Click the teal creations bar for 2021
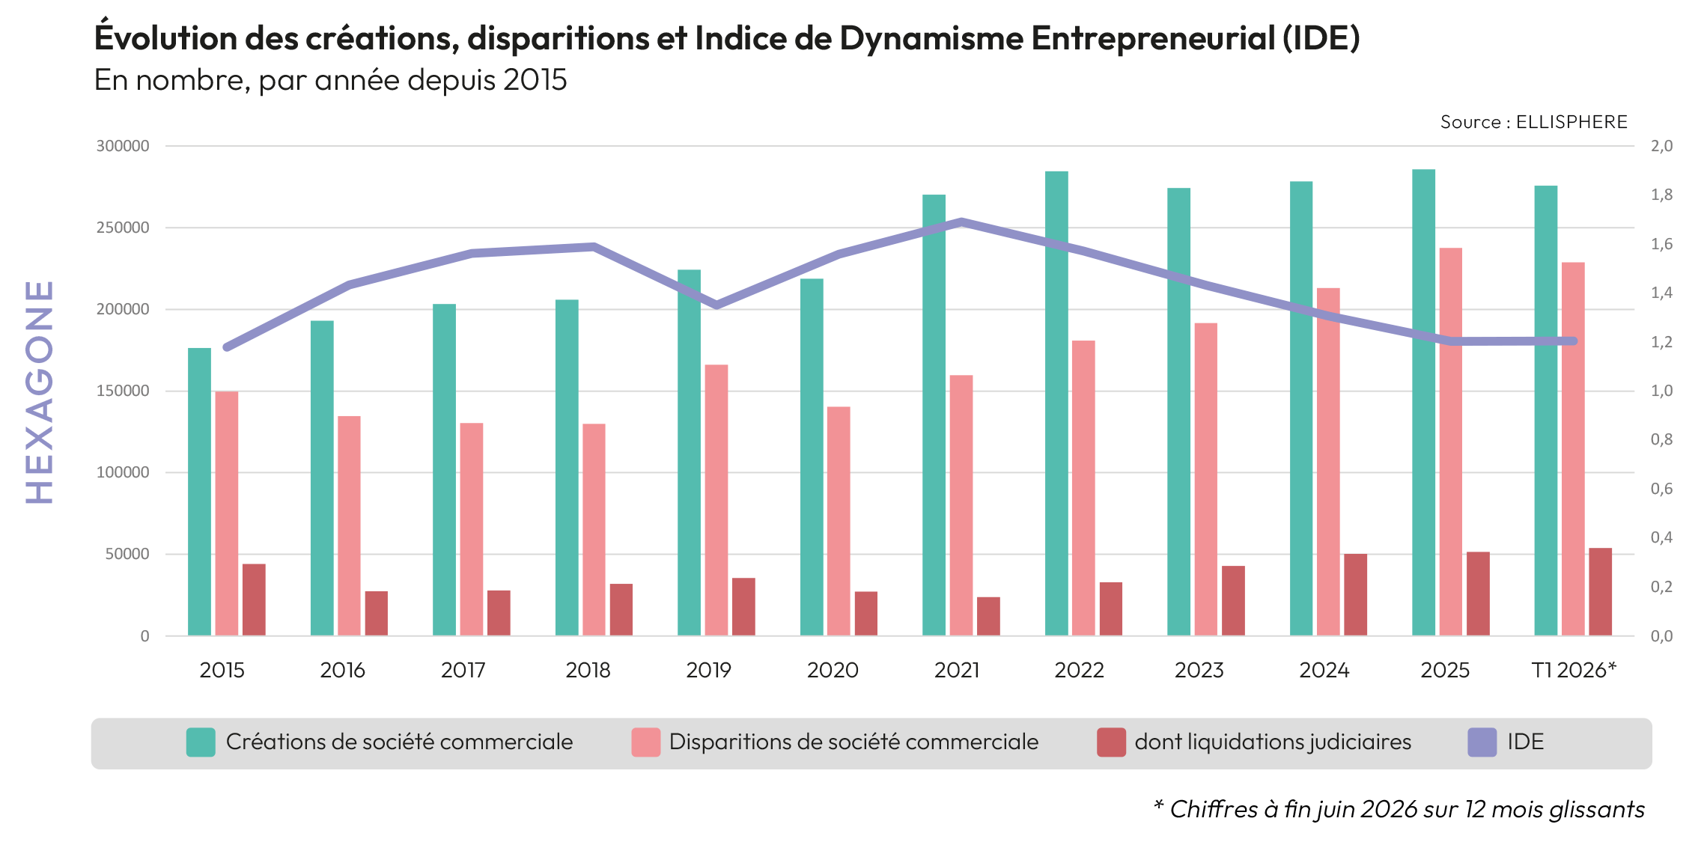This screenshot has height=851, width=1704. click(934, 415)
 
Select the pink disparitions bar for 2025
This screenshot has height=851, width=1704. click(1450, 442)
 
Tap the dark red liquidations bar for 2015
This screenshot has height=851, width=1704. click(254, 600)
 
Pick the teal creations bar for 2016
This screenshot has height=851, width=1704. click(322, 478)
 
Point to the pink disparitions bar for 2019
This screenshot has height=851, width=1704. click(716, 501)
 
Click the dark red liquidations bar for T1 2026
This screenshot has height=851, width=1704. click(1601, 592)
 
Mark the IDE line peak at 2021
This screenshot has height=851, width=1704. click(961, 222)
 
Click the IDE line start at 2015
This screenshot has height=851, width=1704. click(226, 347)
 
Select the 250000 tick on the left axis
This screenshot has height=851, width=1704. click(123, 228)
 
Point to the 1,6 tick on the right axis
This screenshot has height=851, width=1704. click(1661, 244)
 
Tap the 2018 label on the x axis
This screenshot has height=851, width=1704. click(588, 670)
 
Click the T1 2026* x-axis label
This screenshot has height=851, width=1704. click(1574, 670)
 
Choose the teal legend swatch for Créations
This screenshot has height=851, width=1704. click(201, 742)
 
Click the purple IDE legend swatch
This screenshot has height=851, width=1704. click(1482, 742)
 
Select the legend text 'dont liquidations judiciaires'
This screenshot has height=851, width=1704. click(1273, 742)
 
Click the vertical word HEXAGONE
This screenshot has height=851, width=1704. click(40, 391)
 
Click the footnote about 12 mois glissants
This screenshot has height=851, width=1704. click(1399, 809)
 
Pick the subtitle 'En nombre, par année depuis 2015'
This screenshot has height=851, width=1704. click(331, 80)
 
